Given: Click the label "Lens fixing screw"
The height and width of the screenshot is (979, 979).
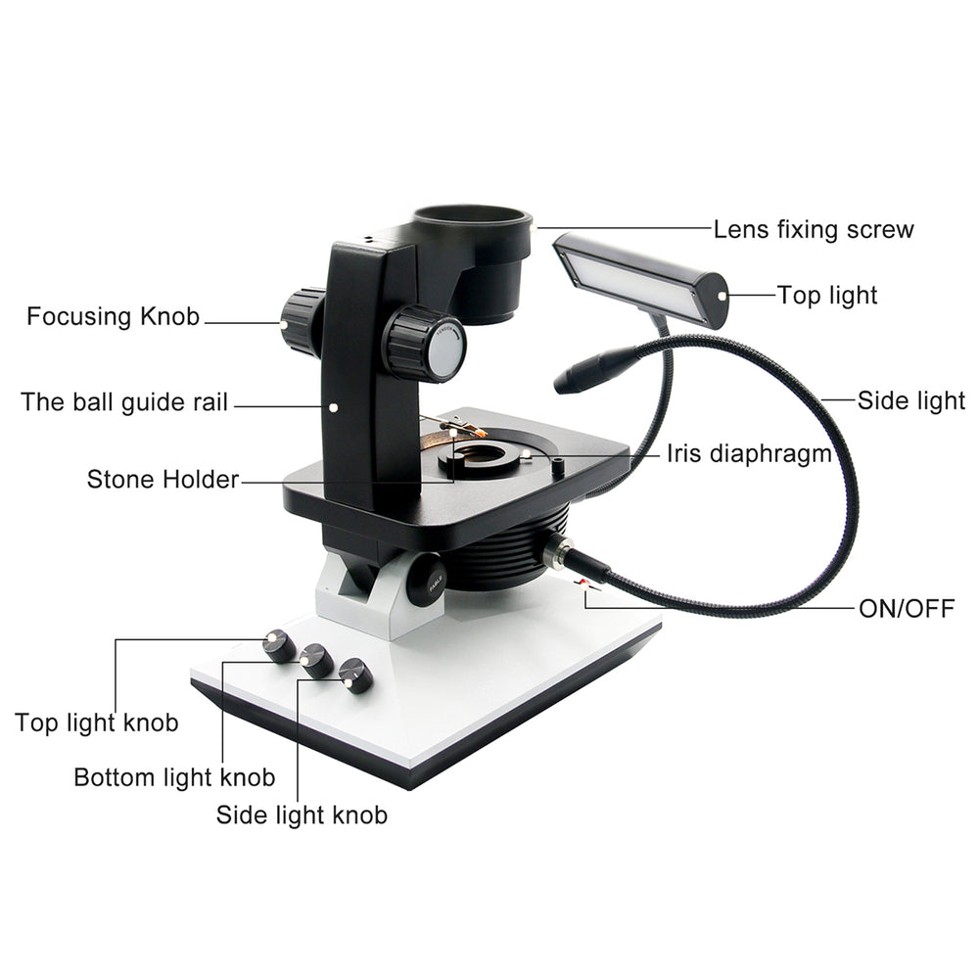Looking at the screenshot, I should click(x=813, y=230).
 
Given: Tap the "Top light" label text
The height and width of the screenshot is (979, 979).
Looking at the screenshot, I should click(x=827, y=295).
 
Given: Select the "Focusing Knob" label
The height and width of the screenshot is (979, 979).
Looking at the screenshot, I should click(x=113, y=316).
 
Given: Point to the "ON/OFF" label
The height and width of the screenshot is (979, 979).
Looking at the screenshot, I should click(x=906, y=608).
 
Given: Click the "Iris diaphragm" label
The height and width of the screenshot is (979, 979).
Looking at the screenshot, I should click(x=749, y=453).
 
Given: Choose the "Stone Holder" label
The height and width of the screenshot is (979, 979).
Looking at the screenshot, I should click(x=163, y=480).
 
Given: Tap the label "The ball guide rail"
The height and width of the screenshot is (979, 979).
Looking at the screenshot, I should click(x=123, y=401).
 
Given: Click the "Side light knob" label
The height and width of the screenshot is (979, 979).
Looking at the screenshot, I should click(x=302, y=815).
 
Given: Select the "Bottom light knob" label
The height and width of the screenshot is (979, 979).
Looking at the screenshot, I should click(x=174, y=777).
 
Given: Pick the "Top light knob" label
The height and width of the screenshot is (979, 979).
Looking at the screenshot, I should click(x=97, y=723).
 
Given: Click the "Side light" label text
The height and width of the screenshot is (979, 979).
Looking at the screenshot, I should click(x=910, y=400).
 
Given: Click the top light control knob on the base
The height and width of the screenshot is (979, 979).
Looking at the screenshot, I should click(x=279, y=645).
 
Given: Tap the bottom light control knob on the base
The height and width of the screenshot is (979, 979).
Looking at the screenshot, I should click(x=316, y=661).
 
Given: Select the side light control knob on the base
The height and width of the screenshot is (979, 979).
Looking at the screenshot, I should click(x=354, y=676).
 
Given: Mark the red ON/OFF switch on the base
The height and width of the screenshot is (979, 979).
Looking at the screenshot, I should click(x=586, y=585).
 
